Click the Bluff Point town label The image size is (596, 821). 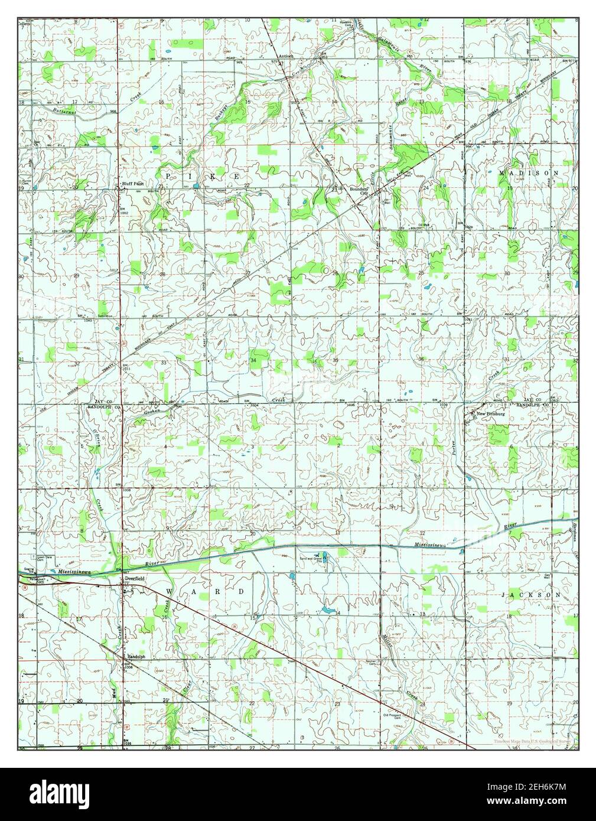coord(133,184)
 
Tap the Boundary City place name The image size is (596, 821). coord(358,190)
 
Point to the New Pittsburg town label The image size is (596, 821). coord(489,414)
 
